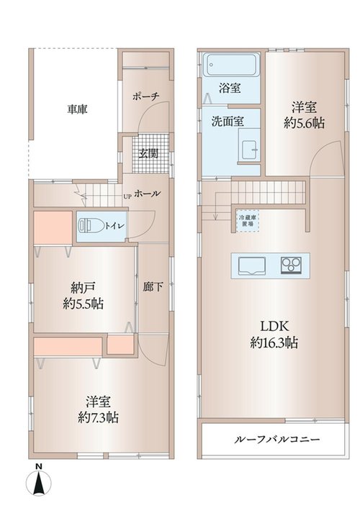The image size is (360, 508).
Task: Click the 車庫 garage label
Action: pyautogui.click(x=77, y=109)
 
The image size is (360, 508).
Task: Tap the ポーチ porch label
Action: pyautogui.click(x=145, y=96)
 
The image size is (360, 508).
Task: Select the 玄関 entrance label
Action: pyautogui.click(x=148, y=153)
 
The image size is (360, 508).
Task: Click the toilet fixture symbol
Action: pyautogui.click(x=91, y=226)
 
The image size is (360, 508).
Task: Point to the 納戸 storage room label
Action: pyautogui.click(x=84, y=287)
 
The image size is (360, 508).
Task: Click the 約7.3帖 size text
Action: pyautogui.click(x=98, y=417)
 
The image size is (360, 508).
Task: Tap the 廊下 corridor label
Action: pyautogui.click(x=153, y=286)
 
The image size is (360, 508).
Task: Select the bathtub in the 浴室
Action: pyautogui.click(x=232, y=65)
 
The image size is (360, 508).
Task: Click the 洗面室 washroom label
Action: pyautogui.click(x=228, y=122)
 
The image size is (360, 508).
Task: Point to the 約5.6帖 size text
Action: pyautogui.click(x=305, y=123)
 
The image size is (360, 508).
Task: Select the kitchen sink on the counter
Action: pyautogui.click(x=252, y=266)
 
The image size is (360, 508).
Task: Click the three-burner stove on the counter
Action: pyautogui.click(x=292, y=266)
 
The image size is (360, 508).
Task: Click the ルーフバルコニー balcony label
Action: pyautogui.click(x=277, y=440)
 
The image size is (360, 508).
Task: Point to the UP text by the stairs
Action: pyautogui.click(x=127, y=196)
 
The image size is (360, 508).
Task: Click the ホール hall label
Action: pyautogui.click(x=147, y=194)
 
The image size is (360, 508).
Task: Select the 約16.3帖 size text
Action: pyautogui.click(x=274, y=342)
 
